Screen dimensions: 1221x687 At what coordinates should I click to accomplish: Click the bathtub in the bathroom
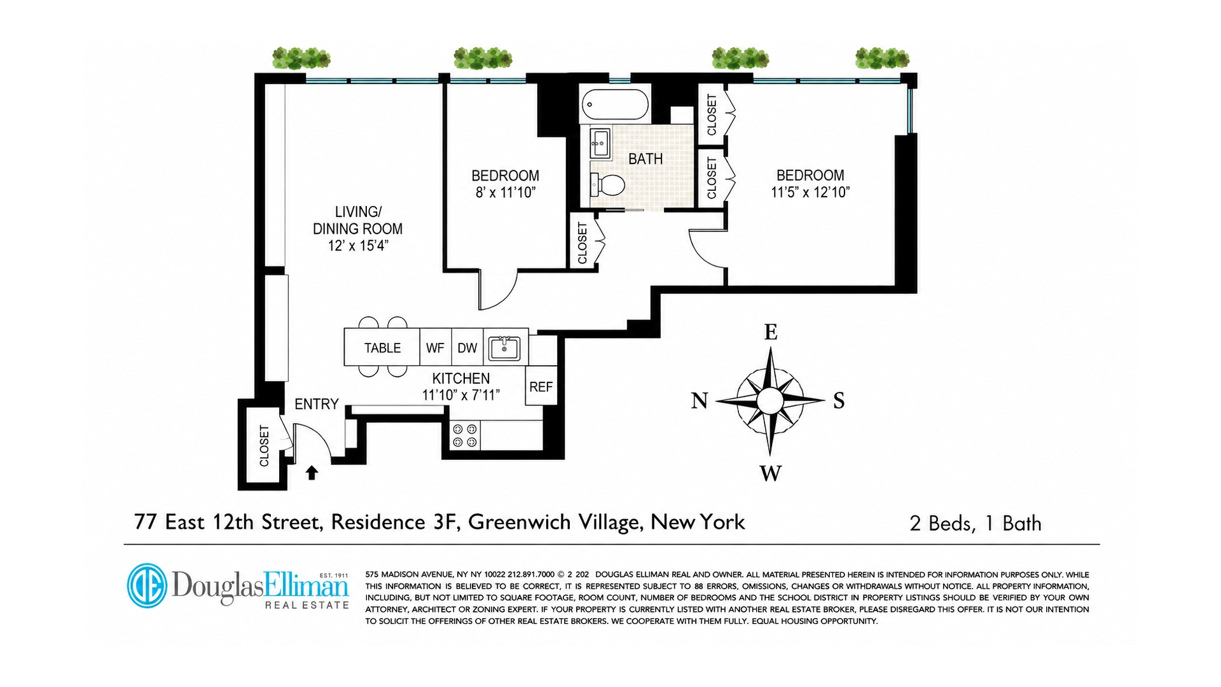[x=615, y=104]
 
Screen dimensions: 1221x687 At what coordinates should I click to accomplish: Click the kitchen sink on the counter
[x=504, y=349]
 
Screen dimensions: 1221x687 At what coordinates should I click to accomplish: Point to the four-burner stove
[x=465, y=436]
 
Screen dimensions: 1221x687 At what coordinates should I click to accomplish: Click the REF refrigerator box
[x=541, y=385]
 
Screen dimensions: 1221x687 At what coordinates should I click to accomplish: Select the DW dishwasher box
[x=467, y=347]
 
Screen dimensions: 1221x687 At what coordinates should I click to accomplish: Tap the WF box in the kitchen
[x=436, y=347]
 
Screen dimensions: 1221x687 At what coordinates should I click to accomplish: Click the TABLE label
[x=382, y=348]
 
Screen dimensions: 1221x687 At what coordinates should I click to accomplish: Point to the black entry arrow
[x=312, y=473]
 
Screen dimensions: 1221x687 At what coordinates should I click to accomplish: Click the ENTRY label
[x=316, y=404]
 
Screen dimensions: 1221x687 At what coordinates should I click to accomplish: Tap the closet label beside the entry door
[x=265, y=445]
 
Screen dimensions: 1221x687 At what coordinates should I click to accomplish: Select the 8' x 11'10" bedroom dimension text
[x=506, y=192]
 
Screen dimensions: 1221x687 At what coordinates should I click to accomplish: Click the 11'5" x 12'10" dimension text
[x=810, y=192]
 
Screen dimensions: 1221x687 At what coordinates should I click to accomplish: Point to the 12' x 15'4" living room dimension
[x=358, y=246]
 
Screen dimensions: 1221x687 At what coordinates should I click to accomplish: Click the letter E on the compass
[x=771, y=332]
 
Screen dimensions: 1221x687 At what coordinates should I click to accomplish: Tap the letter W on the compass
[x=771, y=473]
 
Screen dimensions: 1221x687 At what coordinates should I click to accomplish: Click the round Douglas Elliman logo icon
[x=147, y=585]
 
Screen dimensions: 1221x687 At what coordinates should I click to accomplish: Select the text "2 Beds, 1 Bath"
[x=976, y=523]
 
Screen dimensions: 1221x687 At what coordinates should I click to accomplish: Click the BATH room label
[x=645, y=158]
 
